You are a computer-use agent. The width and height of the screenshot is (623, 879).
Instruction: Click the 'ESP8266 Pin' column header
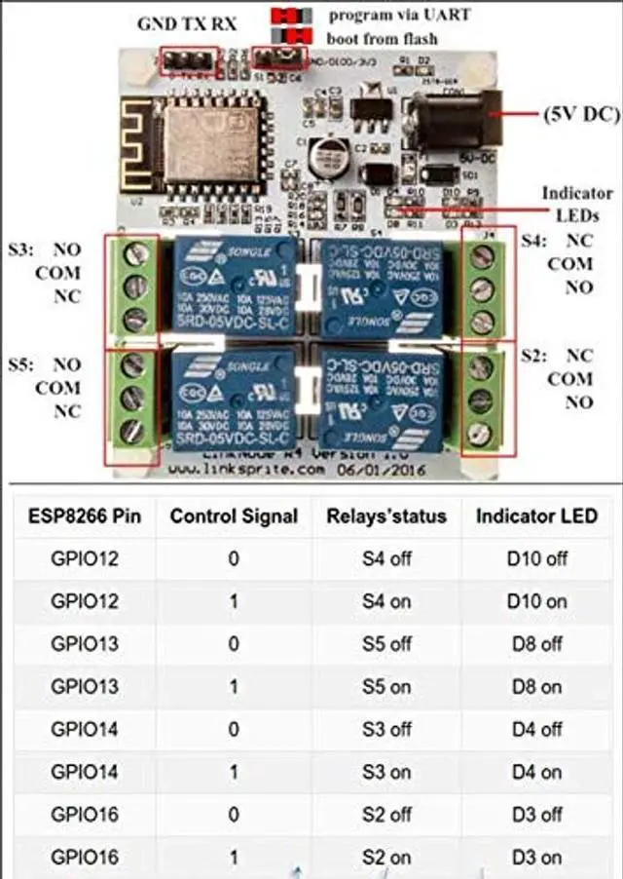[83, 516]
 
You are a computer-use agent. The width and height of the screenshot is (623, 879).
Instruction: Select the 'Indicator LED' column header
[536, 516]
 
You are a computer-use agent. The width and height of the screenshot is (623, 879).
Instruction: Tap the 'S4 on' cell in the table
[386, 601]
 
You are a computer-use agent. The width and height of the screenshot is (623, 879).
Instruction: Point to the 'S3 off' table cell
[386, 729]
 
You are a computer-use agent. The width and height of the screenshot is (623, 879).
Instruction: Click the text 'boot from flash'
[383, 39]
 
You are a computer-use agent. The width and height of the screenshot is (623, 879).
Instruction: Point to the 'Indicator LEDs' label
[577, 204]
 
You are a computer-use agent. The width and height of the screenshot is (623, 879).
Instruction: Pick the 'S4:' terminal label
[534, 241]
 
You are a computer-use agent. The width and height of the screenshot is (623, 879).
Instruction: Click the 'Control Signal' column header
[234, 516]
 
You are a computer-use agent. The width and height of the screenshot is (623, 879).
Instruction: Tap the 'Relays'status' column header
[386, 516]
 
